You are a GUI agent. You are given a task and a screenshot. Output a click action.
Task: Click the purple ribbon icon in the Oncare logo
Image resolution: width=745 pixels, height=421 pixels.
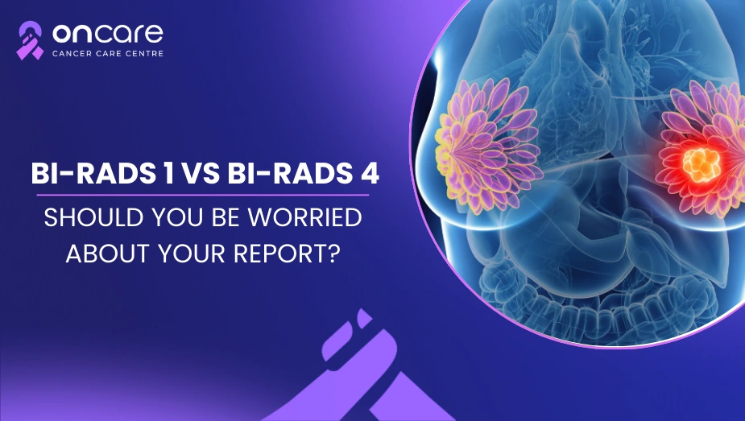coord(30,40)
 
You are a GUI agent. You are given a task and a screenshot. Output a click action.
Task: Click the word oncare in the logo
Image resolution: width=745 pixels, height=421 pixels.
coord(107,34)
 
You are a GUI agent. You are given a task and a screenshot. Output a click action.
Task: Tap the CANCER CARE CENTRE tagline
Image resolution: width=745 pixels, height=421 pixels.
coord(108,54)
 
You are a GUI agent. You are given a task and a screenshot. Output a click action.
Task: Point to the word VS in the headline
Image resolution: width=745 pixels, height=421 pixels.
coord(201,174)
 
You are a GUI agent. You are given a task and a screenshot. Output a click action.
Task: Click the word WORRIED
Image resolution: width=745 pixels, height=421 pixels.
coord(304,217)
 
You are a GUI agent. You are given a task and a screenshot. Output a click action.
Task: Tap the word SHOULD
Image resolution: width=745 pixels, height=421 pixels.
coord(94,217)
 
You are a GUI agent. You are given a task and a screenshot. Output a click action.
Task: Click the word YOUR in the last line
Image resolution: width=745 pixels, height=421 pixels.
coord(192,254)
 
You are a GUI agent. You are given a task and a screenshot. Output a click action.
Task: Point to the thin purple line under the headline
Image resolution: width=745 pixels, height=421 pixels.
coord(203,195)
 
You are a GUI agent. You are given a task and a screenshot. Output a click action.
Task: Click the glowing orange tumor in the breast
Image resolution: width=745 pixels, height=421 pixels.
coord(701,164)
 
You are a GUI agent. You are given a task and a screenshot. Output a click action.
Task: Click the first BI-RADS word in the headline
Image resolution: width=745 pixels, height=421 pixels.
coord(93,174)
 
